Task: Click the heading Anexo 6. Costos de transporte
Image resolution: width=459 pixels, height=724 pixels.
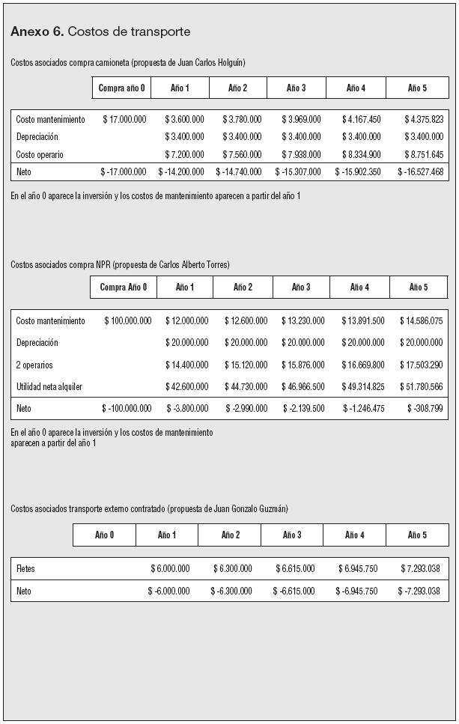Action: click(x=100, y=31)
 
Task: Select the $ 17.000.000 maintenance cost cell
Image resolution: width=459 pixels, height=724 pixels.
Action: click(x=124, y=120)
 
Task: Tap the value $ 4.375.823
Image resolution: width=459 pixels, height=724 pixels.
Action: click(x=424, y=120)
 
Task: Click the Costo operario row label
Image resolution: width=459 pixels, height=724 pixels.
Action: click(x=40, y=155)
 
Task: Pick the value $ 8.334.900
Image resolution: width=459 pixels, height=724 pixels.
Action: click(x=361, y=155)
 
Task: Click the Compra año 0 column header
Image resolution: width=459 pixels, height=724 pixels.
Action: click(x=122, y=88)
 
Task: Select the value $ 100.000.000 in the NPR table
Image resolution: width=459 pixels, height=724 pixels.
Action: click(x=127, y=321)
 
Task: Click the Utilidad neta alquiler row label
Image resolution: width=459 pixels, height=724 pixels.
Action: click(x=49, y=387)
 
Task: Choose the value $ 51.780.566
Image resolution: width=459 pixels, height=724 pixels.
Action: click(x=421, y=387)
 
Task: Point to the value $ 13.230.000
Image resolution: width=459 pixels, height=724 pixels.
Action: click(x=303, y=321)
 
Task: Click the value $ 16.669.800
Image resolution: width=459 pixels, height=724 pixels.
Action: click(x=363, y=365)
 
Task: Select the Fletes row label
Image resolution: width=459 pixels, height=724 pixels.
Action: click(x=25, y=569)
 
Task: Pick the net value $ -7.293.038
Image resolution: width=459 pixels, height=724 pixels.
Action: click(x=419, y=591)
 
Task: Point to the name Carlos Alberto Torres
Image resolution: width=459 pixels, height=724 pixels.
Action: click(x=189, y=265)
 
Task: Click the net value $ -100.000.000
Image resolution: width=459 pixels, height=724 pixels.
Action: click(x=127, y=409)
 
